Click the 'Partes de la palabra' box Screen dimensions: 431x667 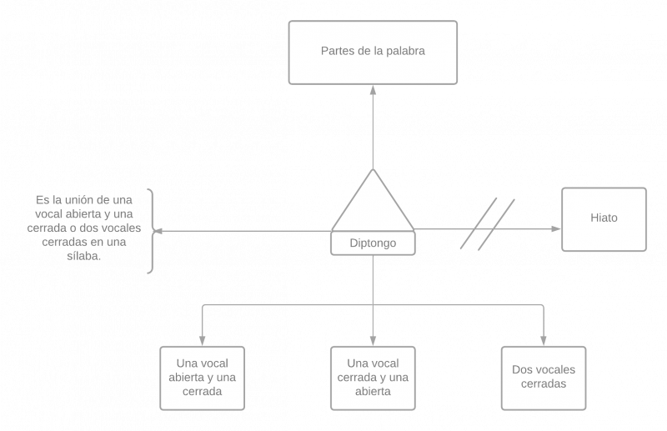tap(373, 52)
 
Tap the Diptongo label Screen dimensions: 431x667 tap(373, 243)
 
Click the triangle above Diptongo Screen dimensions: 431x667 tap(373, 204)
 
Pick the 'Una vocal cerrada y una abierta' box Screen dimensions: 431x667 tap(373, 377)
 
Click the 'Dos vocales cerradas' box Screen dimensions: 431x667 tap(544, 377)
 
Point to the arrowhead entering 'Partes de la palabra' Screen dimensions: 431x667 tap(373, 89)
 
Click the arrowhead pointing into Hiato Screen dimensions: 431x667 tap(556, 228)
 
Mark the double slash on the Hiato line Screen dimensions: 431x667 tap(487, 223)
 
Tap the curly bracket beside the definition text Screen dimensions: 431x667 tap(152, 231)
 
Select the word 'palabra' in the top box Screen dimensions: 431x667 tap(408, 52)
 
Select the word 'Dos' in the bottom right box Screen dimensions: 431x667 tap(523, 370)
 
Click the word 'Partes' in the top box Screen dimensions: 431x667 tap(336, 52)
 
